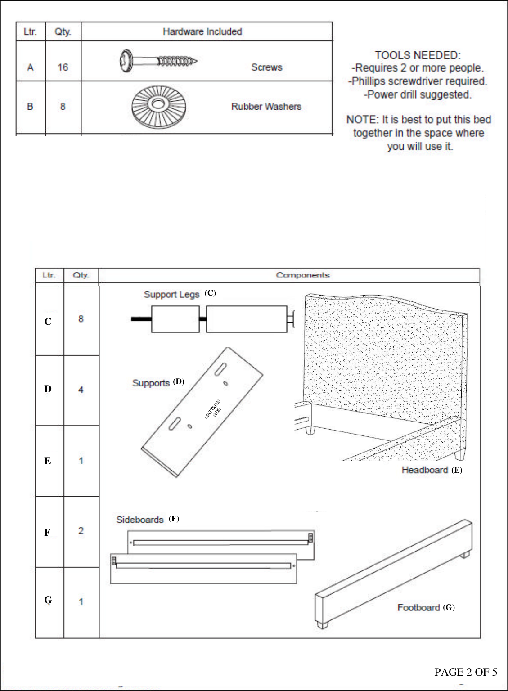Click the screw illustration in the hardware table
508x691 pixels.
(x=158, y=61)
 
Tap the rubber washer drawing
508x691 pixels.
(x=158, y=106)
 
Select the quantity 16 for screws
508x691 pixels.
(x=63, y=67)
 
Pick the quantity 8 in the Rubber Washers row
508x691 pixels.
(x=63, y=107)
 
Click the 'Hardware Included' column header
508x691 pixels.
(x=202, y=32)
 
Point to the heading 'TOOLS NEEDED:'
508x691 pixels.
(x=418, y=55)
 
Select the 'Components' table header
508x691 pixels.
(x=302, y=275)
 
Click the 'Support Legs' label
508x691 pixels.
(x=171, y=294)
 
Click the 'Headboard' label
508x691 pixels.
(x=424, y=470)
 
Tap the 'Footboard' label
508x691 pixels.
(x=418, y=608)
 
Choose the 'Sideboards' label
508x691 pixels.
(x=139, y=520)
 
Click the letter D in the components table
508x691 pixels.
(x=48, y=389)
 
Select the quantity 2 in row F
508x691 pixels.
(x=81, y=531)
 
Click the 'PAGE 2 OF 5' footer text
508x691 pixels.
(x=465, y=672)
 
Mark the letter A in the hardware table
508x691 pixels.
(x=30, y=67)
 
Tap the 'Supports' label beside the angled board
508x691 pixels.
(x=151, y=383)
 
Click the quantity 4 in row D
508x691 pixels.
(x=81, y=390)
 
